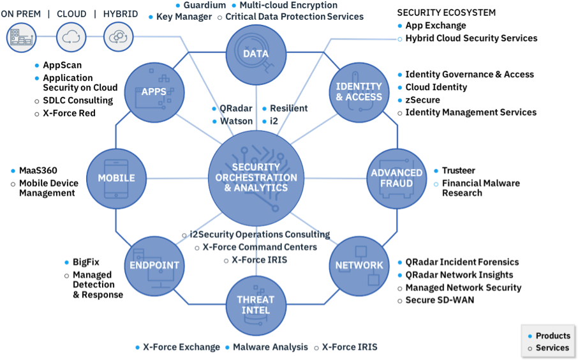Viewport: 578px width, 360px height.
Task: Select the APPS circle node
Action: tap(154, 92)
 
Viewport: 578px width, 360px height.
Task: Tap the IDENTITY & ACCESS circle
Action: tap(359, 92)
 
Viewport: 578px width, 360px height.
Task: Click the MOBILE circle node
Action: tap(116, 178)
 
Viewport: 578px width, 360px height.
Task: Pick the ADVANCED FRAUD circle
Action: tap(396, 178)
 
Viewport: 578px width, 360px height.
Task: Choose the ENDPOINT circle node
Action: tap(154, 266)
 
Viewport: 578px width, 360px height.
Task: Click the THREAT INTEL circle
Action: tap(256, 305)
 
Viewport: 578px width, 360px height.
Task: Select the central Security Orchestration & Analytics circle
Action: tap(256, 178)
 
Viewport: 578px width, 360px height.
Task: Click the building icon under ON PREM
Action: tap(20, 37)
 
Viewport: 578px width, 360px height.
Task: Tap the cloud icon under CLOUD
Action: tap(71, 37)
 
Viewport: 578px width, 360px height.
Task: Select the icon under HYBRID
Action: tap(118, 37)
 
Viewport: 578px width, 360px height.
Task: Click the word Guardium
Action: tap(204, 5)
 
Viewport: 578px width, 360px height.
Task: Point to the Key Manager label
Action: tap(184, 17)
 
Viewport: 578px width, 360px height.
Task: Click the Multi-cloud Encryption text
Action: tap(288, 5)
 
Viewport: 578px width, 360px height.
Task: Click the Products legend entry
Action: tap(552, 336)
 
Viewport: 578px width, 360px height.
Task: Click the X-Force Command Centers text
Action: tap(259, 247)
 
